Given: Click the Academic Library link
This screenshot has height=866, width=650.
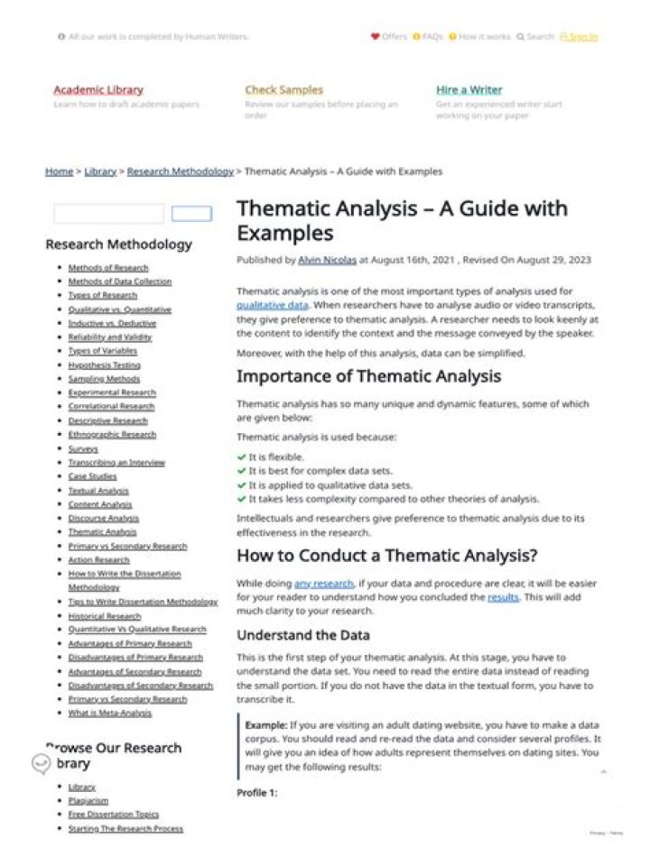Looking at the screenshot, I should (98, 90).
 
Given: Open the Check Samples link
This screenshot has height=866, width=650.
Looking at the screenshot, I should (283, 90).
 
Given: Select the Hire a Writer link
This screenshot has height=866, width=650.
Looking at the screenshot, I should (469, 90).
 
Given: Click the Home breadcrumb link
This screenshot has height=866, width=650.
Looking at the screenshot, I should (59, 171).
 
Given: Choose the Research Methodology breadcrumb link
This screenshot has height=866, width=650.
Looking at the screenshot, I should (180, 171).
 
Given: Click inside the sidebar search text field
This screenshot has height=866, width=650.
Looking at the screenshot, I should (108, 214).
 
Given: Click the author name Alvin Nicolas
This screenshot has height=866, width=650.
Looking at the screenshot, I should (327, 260).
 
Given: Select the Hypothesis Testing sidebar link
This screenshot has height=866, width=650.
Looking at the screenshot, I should (104, 365).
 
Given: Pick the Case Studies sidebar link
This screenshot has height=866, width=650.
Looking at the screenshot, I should (92, 476).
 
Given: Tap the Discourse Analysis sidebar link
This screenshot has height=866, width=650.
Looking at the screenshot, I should (103, 519).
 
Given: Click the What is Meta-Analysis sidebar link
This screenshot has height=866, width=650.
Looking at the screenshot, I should (110, 714).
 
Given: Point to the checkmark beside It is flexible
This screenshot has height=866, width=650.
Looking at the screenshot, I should (241, 457).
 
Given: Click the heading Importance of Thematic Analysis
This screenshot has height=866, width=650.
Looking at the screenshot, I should (368, 376).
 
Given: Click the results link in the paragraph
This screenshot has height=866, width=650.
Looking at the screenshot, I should (503, 597).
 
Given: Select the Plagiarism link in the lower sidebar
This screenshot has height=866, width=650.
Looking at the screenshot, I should (88, 800).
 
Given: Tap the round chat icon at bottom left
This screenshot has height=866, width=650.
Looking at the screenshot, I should (41, 764).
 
